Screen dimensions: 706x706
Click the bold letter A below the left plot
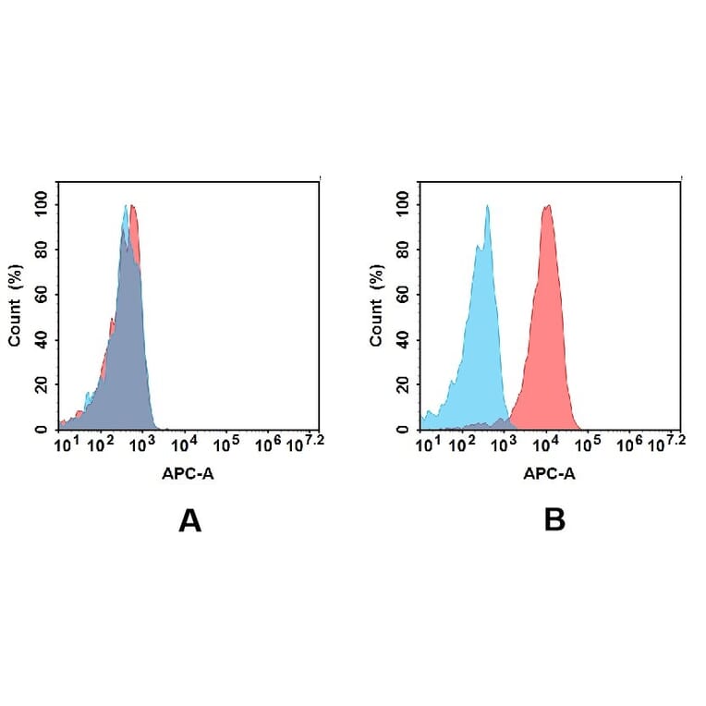[x=189, y=521]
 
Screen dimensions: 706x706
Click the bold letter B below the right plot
[x=554, y=521]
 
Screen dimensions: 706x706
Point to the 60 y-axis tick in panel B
[x=403, y=295]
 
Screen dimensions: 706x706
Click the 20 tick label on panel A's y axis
[x=42, y=384]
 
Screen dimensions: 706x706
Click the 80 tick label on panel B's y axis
[x=403, y=250]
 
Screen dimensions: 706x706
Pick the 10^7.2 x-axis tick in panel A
[x=307, y=444]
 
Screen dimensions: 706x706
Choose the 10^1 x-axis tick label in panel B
[x=427, y=445]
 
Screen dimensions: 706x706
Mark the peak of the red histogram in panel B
[x=547, y=206]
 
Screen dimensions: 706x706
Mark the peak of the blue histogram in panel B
[x=487, y=207]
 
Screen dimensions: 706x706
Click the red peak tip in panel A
[x=133, y=207]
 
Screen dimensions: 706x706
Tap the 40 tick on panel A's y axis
[x=42, y=339]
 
